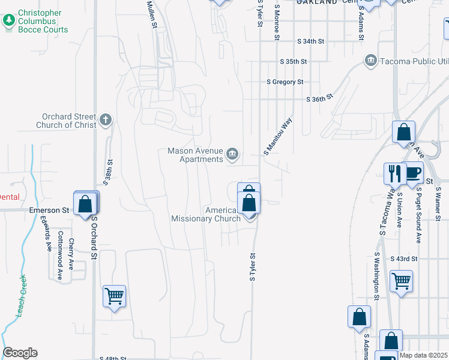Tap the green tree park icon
click(x=9, y=21)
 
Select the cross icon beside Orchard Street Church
click(x=106, y=120)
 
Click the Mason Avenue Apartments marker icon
click(x=232, y=155)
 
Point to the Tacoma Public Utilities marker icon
click(x=370, y=61)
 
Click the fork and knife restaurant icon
click(x=395, y=173)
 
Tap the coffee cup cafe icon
click(x=413, y=173)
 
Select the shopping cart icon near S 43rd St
click(x=401, y=280)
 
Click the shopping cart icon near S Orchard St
click(x=114, y=295)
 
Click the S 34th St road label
click(x=310, y=41)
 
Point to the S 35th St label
click(x=293, y=62)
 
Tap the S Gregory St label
click(x=285, y=82)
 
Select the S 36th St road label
click(x=319, y=100)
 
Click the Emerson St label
click(x=49, y=211)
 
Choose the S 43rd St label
click(x=403, y=259)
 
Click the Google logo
click(x=20, y=353)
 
